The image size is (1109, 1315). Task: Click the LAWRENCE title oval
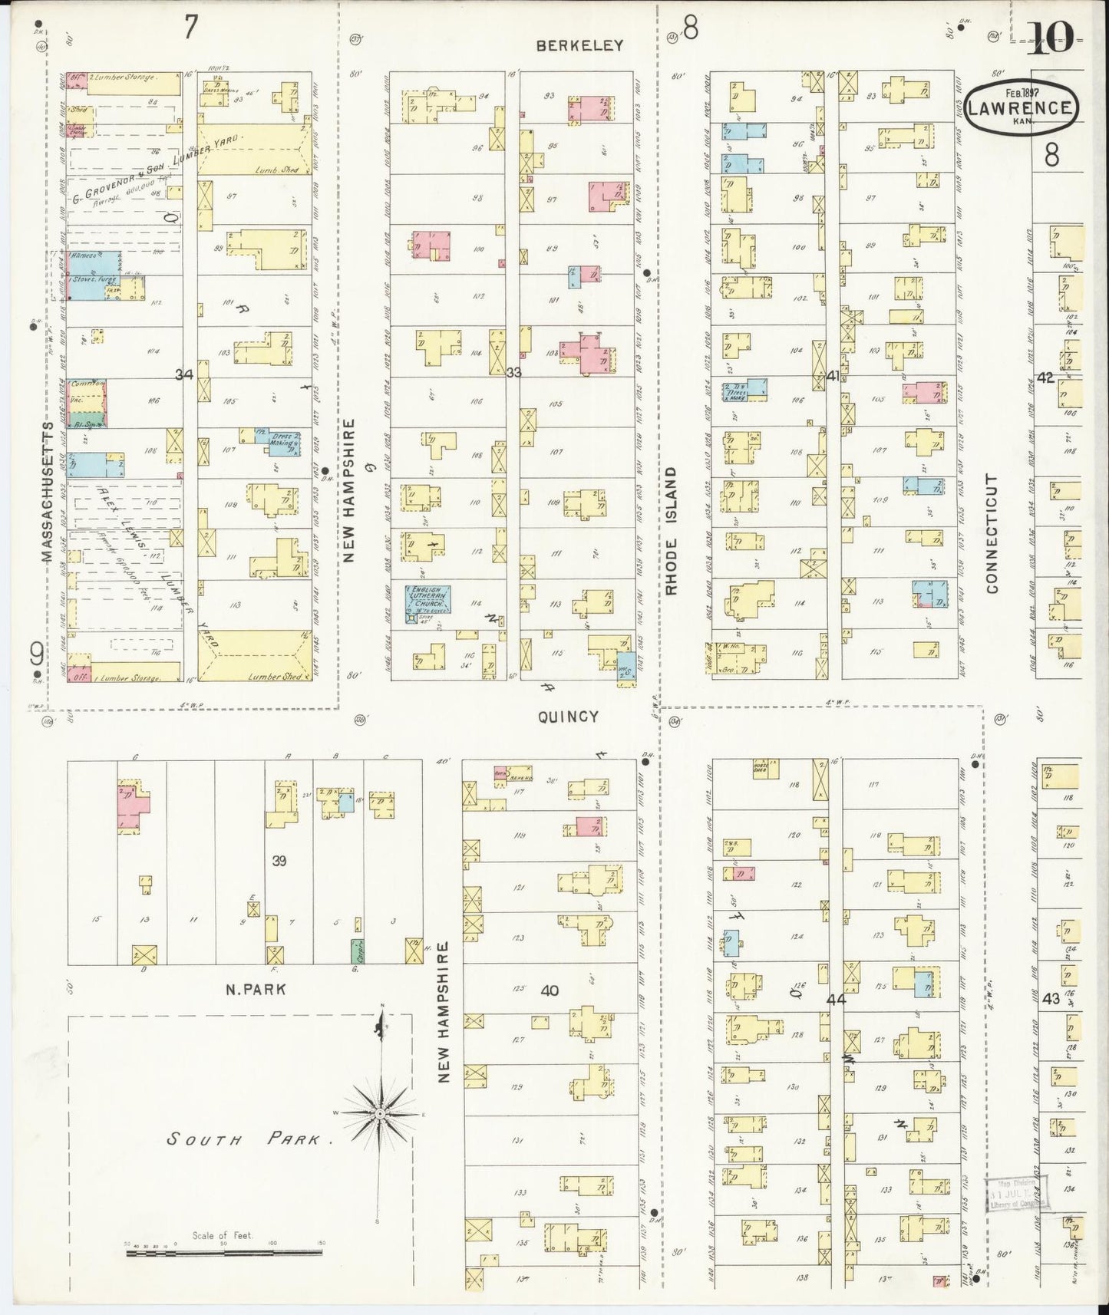coord(1022,108)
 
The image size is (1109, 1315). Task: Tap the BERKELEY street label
coord(579,45)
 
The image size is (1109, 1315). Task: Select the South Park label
coord(243,1139)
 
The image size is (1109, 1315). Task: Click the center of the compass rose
coord(380,1112)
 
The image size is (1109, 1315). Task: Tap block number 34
coord(184,374)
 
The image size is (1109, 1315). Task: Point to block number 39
coord(279,861)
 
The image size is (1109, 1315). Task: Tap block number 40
coord(549,990)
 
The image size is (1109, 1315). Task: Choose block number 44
coord(836,1000)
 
